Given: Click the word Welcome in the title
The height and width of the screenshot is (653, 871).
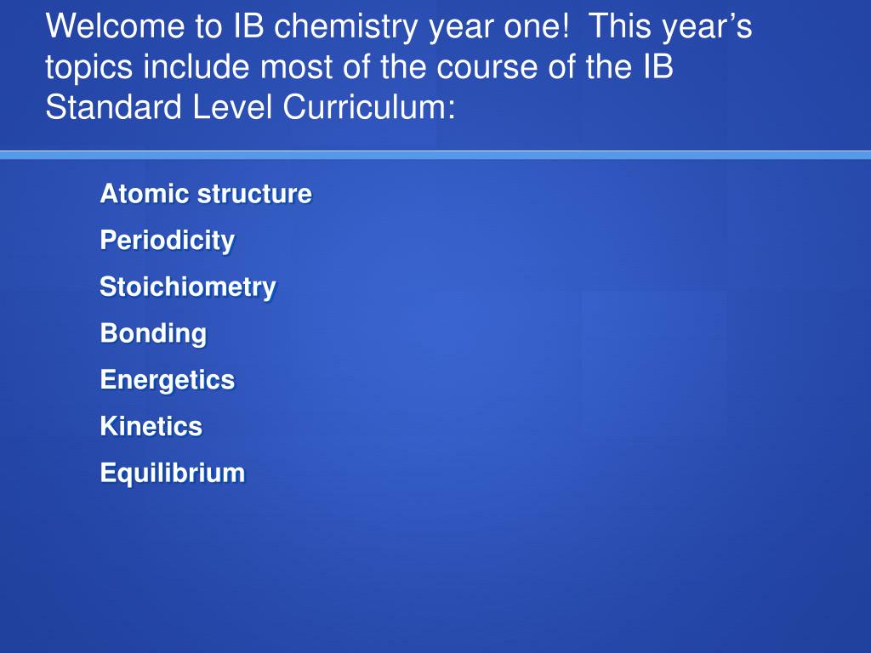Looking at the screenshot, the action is (x=115, y=26).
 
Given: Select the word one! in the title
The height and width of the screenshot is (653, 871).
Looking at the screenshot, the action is (x=536, y=26).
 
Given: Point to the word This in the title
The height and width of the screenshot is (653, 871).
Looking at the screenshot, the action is (x=619, y=26).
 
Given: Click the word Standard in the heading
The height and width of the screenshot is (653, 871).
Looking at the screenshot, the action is (x=113, y=106).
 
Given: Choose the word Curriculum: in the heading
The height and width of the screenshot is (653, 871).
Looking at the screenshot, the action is (x=369, y=106).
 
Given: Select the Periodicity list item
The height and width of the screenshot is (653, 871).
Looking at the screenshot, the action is (x=168, y=241).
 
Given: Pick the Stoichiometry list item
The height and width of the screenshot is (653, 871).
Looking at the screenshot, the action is (x=188, y=288).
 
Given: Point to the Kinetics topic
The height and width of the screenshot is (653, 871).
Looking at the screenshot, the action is (x=151, y=427).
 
